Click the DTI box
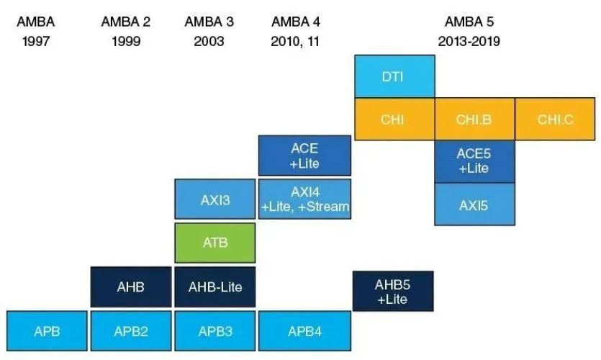pos(394,76)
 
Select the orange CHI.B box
pos(474,120)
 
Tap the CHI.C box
pos(555,120)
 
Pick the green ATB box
pos(215,243)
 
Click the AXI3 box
pos(215,200)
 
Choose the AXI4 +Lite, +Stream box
pos(304,200)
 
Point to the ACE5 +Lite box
pos(474,161)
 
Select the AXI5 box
pos(474,204)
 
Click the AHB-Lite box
pos(215,287)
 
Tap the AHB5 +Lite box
pos(393,292)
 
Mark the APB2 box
pos(131,331)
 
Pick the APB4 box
pos(304,331)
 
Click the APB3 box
pos(215,331)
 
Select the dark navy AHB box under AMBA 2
pos(131,287)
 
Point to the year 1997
pos(35,41)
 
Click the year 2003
pos(209,41)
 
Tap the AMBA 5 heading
pos(469,22)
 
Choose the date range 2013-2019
pos(469,41)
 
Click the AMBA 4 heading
pos(295,22)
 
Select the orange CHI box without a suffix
pos(393,120)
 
